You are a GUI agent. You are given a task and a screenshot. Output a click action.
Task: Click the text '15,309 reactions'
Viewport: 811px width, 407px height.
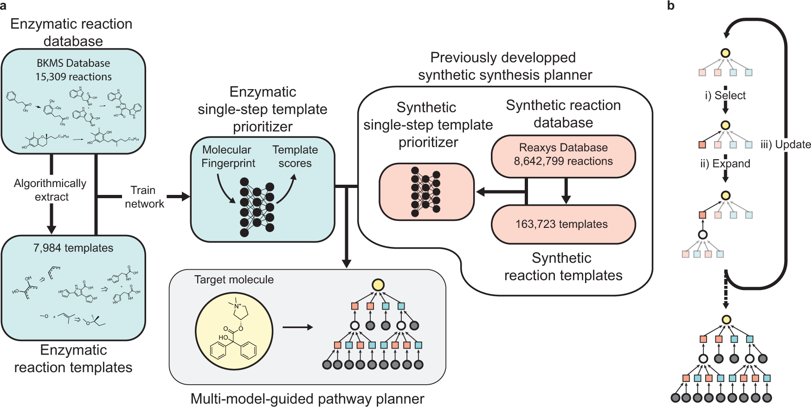(x=73, y=77)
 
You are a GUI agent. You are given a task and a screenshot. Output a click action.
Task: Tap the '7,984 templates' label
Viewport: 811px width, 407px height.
(x=73, y=248)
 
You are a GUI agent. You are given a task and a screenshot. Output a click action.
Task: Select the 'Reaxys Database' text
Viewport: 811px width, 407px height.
(x=563, y=148)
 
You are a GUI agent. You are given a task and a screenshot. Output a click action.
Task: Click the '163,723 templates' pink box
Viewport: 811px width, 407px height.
(x=562, y=224)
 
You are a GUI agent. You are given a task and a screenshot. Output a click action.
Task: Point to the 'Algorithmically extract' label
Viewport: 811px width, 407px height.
(x=50, y=190)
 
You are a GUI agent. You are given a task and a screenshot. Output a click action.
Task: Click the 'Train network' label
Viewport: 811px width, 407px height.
(x=144, y=197)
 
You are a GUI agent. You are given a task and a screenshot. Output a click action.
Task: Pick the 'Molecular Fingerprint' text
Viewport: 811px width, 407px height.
(x=227, y=156)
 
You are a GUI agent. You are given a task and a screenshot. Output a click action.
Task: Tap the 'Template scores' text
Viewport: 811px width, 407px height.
(x=295, y=156)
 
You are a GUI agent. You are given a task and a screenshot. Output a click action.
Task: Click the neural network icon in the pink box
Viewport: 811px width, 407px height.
(x=425, y=192)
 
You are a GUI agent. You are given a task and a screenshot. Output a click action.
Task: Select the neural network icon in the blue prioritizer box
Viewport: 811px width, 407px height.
(x=257, y=207)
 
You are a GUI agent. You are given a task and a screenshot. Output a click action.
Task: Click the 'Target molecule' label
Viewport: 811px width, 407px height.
(x=234, y=280)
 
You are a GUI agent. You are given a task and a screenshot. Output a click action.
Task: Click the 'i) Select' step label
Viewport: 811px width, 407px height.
(x=725, y=96)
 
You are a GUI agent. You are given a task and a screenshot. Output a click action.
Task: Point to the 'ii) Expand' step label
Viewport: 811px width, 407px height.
(x=725, y=164)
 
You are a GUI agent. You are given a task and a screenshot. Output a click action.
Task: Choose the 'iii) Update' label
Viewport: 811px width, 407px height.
(x=786, y=144)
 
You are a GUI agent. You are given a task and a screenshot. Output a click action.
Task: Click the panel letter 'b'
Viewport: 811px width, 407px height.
(x=671, y=6)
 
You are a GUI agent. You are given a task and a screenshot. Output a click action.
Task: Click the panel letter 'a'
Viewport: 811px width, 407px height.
(x=4, y=6)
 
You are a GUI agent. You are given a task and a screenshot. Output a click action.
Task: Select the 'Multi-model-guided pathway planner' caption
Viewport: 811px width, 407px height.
(x=307, y=399)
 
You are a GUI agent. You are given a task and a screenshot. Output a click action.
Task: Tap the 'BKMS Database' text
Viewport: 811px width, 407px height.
(x=73, y=63)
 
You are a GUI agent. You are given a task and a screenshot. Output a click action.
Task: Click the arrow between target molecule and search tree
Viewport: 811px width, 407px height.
(x=297, y=327)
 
